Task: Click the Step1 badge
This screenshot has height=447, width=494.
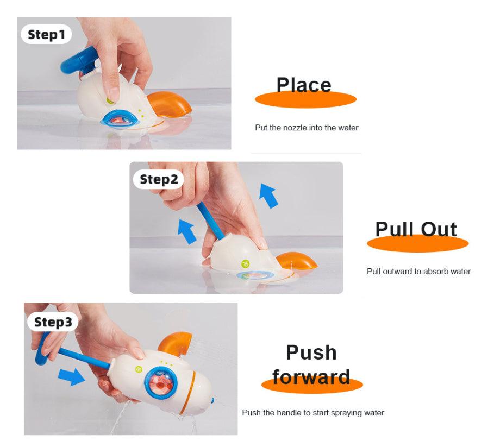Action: pos(46,35)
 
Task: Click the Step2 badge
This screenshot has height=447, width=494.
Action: pos(159,179)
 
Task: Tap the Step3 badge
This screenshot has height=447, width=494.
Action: pos(53,322)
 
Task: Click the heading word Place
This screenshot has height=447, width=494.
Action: pos(304,85)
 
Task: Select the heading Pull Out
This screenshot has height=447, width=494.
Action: pos(416,229)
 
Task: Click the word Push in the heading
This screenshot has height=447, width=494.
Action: pos(311,352)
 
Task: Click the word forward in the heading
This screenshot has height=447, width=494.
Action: pos(311,376)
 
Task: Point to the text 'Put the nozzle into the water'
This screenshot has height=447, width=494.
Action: pos(307,128)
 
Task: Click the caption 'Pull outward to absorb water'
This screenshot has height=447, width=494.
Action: pos(418,271)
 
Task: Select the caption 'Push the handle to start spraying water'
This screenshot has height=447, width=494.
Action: pos(313,413)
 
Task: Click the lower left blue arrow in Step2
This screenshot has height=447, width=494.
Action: pos(186,231)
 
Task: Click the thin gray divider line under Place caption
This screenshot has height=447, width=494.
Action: pos(305,154)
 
